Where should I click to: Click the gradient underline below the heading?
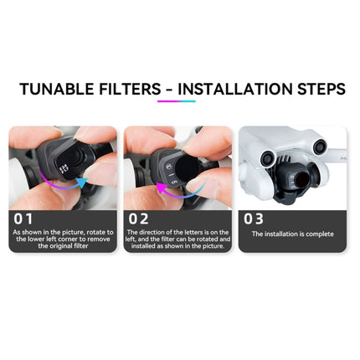[x=176, y=101]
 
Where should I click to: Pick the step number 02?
[x=138, y=218]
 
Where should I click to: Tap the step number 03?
[x=253, y=218]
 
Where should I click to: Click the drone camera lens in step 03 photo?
[x=298, y=179]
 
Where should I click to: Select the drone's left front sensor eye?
[x=266, y=155]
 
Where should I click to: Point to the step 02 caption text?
[x=177, y=238]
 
